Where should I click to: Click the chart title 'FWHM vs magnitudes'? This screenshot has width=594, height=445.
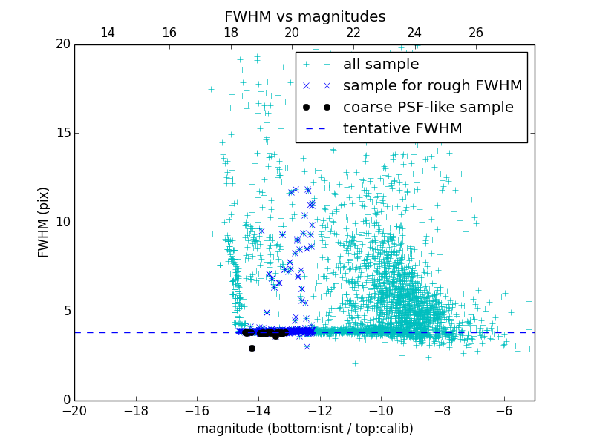point(304,16)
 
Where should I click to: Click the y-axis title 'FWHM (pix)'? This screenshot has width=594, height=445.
point(44,222)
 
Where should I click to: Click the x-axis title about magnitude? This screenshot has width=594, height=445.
point(304,429)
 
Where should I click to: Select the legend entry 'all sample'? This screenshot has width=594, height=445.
point(381,65)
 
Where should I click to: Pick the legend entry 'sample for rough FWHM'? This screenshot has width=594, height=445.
point(432,86)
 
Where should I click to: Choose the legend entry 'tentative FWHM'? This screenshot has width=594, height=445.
point(402,129)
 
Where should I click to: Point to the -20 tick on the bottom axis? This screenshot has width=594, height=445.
point(74,410)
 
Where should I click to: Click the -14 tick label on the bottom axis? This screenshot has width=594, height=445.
point(258,410)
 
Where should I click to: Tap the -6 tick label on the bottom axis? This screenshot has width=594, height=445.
point(503,410)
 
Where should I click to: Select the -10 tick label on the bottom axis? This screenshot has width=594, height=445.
point(381,410)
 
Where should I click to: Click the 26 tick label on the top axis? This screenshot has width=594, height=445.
point(476,33)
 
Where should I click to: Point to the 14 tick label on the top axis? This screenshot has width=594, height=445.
point(108,33)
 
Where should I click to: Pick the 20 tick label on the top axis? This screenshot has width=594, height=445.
point(292,33)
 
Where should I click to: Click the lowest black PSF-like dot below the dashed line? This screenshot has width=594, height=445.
point(252,348)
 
